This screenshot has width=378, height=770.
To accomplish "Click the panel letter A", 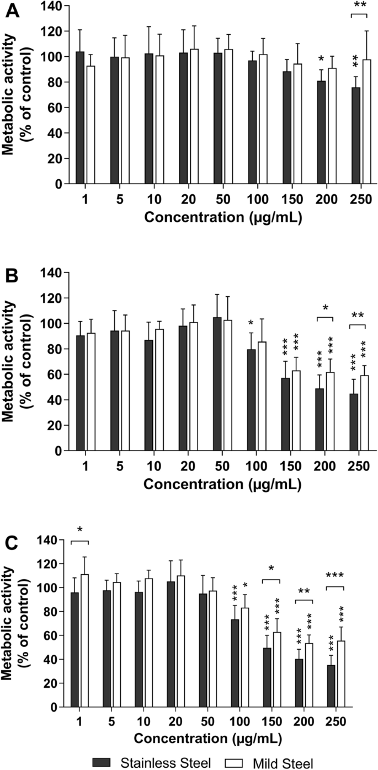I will pyautogui.click(x=12, y=11).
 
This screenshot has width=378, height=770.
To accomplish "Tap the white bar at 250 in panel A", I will pyautogui.click(x=365, y=122).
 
